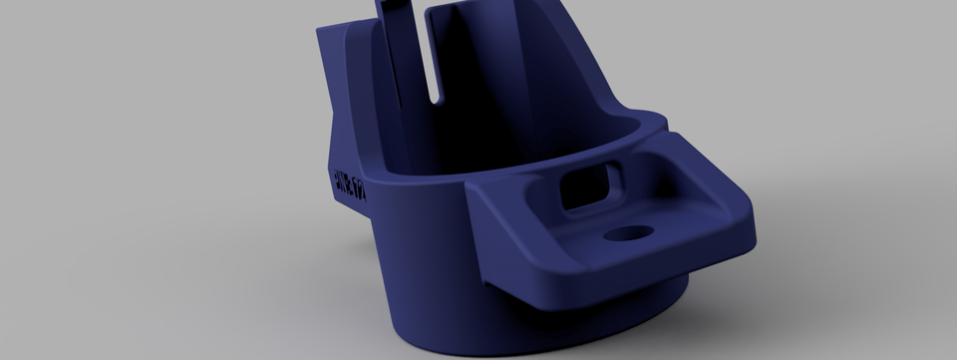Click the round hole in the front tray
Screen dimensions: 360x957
[x=629, y=233]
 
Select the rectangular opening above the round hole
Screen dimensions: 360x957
[x=589, y=187]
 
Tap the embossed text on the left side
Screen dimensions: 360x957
[x=350, y=184]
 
